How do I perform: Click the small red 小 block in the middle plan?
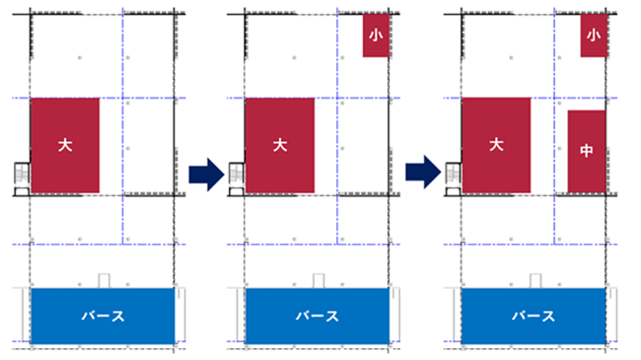375,36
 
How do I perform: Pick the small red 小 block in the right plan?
592,36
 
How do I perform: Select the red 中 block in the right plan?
587,152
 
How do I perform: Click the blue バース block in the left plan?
103,316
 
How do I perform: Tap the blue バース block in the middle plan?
318,316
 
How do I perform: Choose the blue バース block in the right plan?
534,316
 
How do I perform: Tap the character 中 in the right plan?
587,152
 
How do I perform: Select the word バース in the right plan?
534,317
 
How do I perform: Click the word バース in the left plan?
103,317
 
